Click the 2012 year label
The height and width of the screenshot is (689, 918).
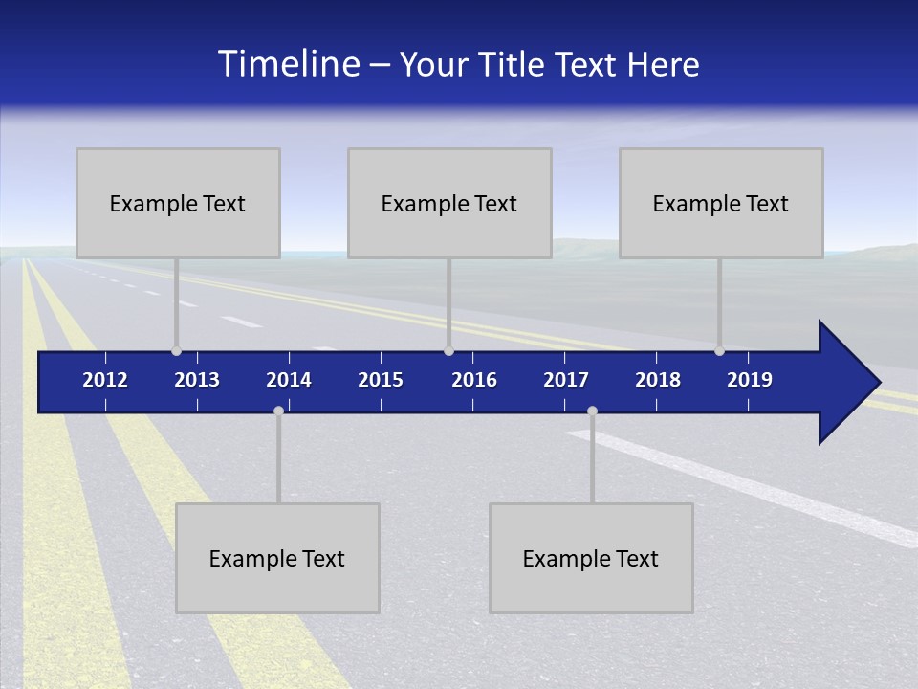[x=105, y=380]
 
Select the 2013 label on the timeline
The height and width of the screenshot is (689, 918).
[x=197, y=380]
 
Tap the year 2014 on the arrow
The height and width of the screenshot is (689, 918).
[x=289, y=380]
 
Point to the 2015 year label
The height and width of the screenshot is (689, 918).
[x=381, y=380]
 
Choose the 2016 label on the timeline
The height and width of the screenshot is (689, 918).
[x=474, y=380]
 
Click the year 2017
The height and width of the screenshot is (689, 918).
[x=566, y=380]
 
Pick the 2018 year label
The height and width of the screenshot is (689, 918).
[x=658, y=380]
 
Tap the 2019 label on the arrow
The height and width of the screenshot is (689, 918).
[x=750, y=380]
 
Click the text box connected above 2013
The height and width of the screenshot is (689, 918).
[x=178, y=203]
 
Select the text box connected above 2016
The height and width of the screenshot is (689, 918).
[x=449, y=203]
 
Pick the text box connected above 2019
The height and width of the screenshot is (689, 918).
[x=721, y=203]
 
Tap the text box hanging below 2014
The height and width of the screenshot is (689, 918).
[x=277, y=558]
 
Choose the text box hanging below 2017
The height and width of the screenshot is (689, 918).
[x=591, y=558]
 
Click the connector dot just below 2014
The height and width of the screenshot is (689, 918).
[x=278, y=411]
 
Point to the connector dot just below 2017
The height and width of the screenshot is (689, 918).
[x=592, y=411]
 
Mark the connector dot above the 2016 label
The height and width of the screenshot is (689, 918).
[x=448, y=350]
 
